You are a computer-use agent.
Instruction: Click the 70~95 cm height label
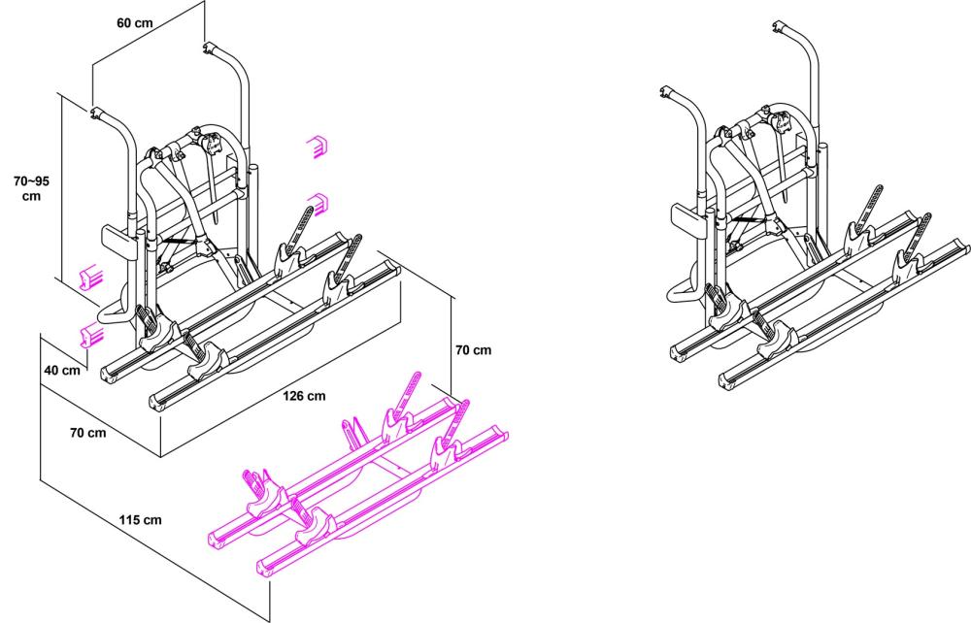tap(31, 188)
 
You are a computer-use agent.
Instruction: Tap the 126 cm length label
tap(304, 396)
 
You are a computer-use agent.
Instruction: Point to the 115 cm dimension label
tap(141, 520)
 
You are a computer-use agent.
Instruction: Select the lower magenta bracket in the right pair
tap(317, 204)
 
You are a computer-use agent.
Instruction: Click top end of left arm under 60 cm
tap(99, 115)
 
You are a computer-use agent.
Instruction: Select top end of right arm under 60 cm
tap(210, 46)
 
